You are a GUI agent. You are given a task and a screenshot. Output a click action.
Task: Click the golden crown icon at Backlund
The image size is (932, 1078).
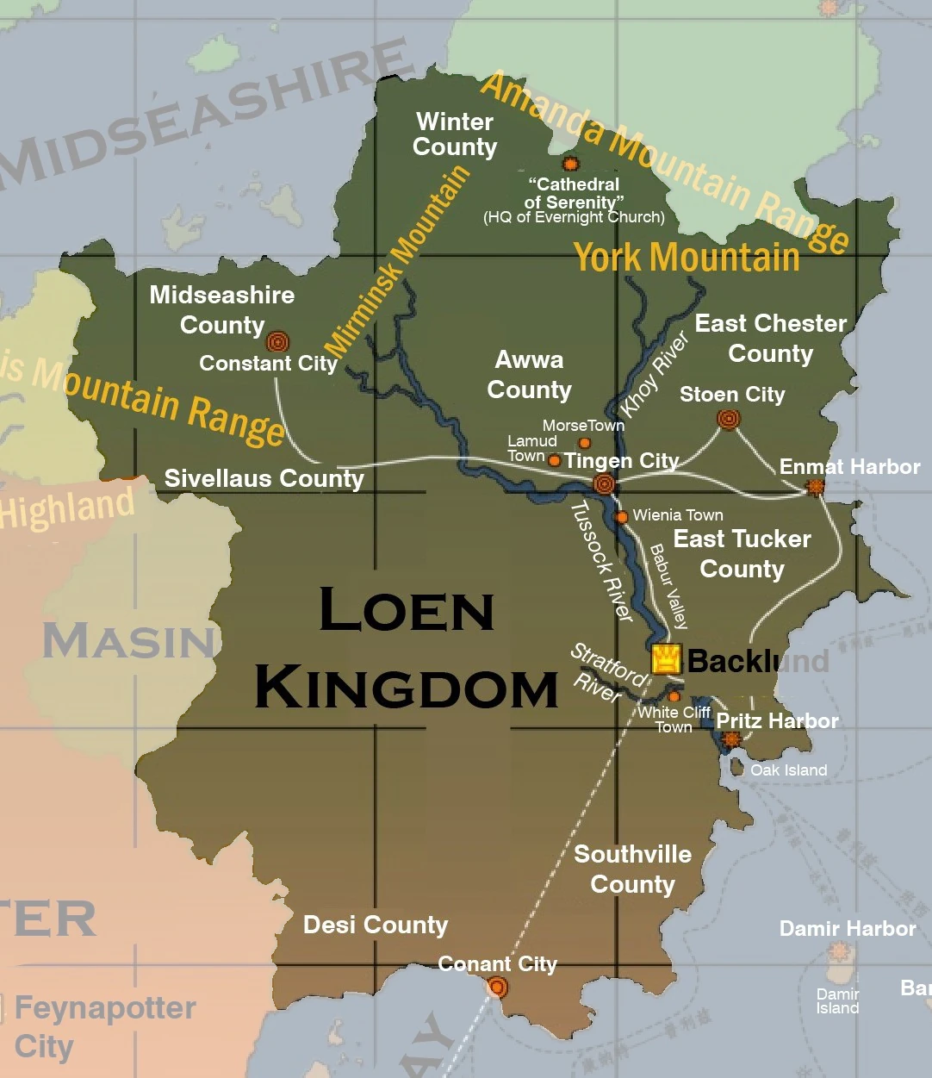tap(666, 659)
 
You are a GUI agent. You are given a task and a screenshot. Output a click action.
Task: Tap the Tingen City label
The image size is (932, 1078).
tap(621, 461)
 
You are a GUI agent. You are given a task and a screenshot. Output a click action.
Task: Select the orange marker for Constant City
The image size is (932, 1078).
tap(277, 342)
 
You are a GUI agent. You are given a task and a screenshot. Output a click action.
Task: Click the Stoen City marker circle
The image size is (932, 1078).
tap(728, 420)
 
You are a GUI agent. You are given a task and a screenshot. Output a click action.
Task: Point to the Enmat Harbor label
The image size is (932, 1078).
tap(849, 467)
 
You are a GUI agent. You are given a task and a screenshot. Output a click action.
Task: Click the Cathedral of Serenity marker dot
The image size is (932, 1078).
tap(569, 164)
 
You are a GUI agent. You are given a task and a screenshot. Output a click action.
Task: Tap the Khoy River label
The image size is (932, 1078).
tap(655, 374)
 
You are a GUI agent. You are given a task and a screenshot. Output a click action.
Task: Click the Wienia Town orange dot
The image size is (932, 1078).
tap(620, 517)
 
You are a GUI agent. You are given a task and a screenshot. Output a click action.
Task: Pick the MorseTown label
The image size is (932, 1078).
tap(583, 426)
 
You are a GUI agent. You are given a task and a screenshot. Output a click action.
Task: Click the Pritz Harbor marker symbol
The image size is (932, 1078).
tap(730, 739)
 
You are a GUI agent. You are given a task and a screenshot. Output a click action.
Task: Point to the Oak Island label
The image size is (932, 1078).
tap(788, 770)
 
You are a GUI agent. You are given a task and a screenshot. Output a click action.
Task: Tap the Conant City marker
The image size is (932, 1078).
tap(497, 987)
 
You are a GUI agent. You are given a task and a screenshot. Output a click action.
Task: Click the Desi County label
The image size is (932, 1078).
tap(376, 925)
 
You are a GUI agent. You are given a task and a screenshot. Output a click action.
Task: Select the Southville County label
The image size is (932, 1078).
tap(632, 869)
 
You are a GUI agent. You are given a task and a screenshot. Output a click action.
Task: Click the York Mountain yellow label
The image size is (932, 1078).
tap(687, 258)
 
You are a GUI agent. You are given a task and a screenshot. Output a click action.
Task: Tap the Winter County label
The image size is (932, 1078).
tap(455, 134)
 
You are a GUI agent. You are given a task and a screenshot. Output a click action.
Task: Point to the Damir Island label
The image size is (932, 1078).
tap(837, 1001)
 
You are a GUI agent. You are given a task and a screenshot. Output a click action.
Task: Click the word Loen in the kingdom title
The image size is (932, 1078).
tap(406, 610)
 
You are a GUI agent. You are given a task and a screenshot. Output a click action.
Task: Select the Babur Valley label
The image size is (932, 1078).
tap(668, 586)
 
